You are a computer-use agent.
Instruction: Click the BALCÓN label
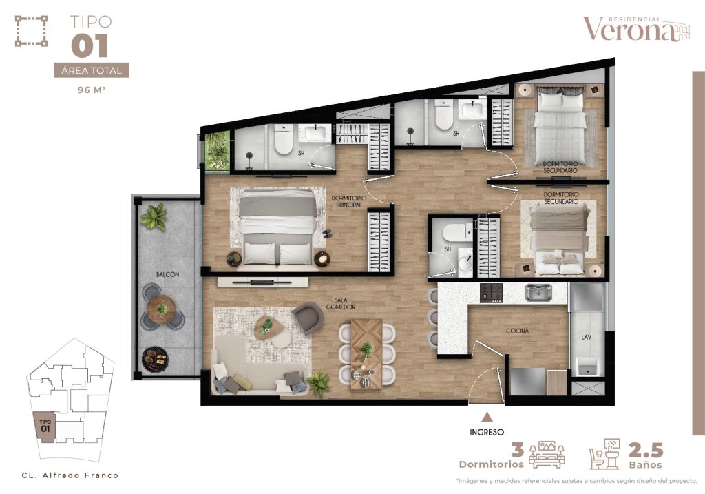(168, 274)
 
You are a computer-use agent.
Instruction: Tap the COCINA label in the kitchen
(517, 331)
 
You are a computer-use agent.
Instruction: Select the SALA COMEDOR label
(341, 304)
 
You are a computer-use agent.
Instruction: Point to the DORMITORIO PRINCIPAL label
(349, 202)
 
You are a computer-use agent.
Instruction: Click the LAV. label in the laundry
(586, 337)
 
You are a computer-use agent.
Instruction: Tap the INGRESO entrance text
(487, 433)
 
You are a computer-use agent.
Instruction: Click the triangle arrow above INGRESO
(487, 418)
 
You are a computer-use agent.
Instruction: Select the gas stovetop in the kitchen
(490, 293)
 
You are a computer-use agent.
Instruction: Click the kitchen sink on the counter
(538, 293)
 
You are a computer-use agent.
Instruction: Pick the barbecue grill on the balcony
(155, 358)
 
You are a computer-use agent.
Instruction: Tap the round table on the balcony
(161, 309)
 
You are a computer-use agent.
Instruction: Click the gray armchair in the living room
(308, 317)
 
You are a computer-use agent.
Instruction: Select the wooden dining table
(366, 353)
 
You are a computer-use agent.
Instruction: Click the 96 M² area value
(92, 90)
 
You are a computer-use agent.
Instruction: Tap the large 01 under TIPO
(90, 45)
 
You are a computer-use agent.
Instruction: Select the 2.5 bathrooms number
(646, 451)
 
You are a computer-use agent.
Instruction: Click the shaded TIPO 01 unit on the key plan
(45, 428)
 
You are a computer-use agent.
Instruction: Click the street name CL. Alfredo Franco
(70, 475)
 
